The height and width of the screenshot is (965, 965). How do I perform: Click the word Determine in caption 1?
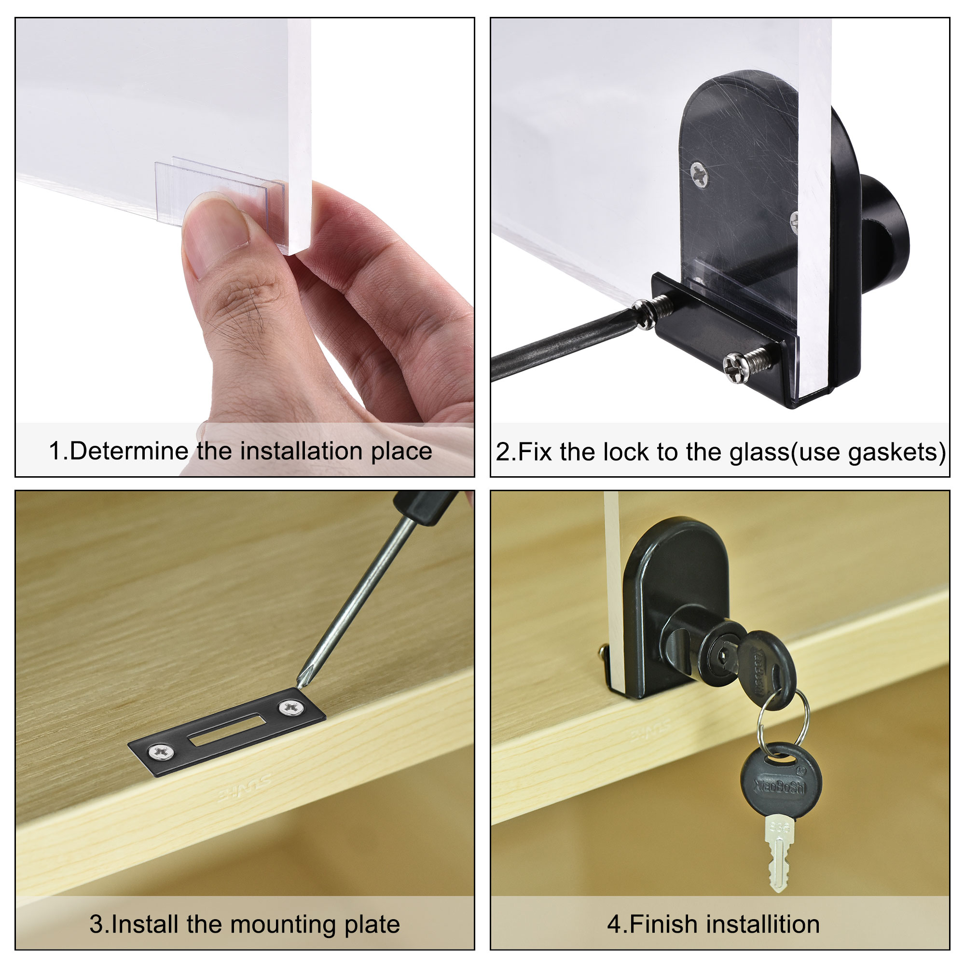[129, 451]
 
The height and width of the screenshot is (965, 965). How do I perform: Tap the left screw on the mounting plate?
[160, 752]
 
